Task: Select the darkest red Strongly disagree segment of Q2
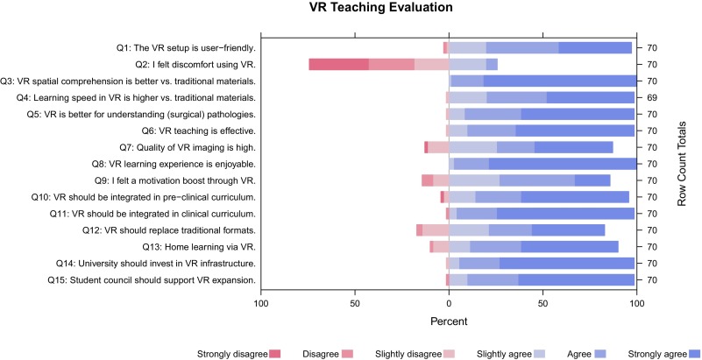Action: coord(338,64)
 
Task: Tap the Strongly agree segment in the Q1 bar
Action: coord(595,47)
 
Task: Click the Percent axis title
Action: coord(449,321)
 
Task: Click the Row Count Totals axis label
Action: coord(681,164)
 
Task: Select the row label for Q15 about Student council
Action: coord(151,280)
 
